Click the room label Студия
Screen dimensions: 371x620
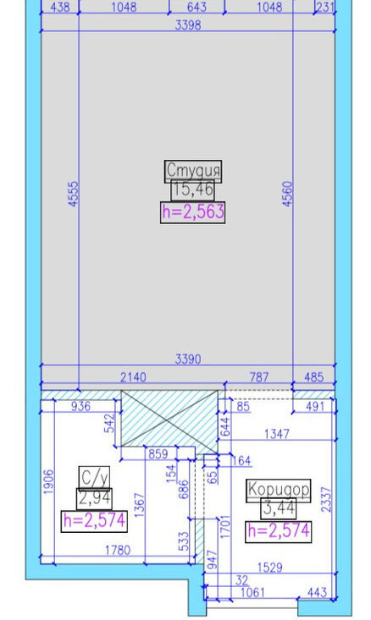point(193,171)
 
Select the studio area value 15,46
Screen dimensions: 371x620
point(193,190)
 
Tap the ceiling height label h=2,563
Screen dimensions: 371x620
point(193,212)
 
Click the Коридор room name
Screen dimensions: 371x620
point(279,490)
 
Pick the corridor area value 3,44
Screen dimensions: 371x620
point(279,508)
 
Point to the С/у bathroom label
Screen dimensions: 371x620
point(94,478)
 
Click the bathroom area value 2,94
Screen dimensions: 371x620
point(94,498)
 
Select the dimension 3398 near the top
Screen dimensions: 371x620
point(188,25)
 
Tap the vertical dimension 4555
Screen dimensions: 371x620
point(74,194)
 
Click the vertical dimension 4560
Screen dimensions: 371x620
point(287,194)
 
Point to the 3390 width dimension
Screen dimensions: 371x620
point(188,359)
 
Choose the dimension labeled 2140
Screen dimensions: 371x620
point(133,377)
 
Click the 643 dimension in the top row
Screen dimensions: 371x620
point(197,7)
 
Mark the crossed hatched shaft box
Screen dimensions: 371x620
point(169,422)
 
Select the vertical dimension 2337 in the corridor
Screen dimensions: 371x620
point(326,499)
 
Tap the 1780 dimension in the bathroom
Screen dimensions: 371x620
point(118,551)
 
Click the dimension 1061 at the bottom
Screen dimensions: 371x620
point(252,592)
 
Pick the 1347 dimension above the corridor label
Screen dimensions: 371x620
point(277,434)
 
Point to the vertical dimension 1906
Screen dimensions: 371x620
point(48,481)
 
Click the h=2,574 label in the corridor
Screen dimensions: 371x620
point(279,531)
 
